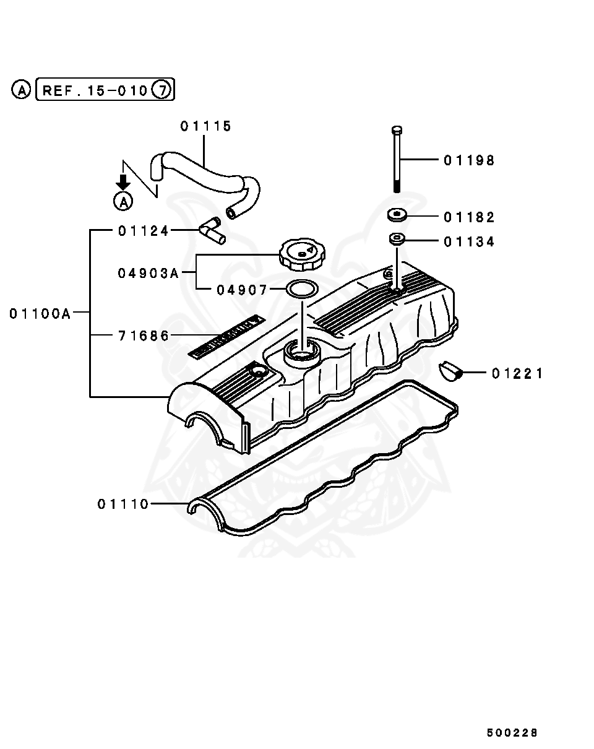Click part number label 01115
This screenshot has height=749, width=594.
pos(206,126)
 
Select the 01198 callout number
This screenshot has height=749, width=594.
pos(469,160)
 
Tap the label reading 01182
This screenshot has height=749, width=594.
pos(469,217)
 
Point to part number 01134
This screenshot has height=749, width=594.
pos(469,242)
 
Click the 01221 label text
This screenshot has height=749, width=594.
pos(517,373)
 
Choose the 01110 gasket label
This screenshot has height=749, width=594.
pos(123,504)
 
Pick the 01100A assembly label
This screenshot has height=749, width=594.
pos(40,313)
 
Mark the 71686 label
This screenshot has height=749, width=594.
pos(144,336)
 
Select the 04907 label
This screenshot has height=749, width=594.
pos(242,290)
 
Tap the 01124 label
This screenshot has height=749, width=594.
pos(144,231)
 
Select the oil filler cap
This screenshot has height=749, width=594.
pos(301,254)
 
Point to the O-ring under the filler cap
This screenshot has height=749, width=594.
pos(301,288)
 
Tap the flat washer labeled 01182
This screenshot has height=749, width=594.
pos(397,215)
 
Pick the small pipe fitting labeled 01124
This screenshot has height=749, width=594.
pos(212,232)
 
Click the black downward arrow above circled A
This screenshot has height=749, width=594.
pos(124,181)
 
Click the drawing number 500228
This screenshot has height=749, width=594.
pos(512,733)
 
